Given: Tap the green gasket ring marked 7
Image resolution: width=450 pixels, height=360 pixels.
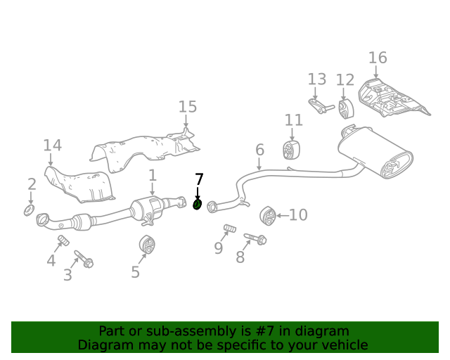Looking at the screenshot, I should point(198,205).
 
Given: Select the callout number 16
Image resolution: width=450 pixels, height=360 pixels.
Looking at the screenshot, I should point(378,58).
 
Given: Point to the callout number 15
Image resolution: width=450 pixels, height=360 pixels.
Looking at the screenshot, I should point(187,107).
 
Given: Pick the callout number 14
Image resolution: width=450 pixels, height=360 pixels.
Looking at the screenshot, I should point(52,146).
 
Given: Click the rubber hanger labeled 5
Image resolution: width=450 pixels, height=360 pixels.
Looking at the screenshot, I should point(147,244).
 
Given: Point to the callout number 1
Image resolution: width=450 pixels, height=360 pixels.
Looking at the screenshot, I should point(152,174).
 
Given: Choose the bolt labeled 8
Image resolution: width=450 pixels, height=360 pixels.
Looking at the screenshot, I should point(255,239).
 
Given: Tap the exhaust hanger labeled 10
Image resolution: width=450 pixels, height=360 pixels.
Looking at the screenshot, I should point(267,214).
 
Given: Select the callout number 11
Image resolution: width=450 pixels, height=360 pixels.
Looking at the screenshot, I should point(293,120).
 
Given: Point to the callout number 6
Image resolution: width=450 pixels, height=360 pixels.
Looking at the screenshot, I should point(259,150).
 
